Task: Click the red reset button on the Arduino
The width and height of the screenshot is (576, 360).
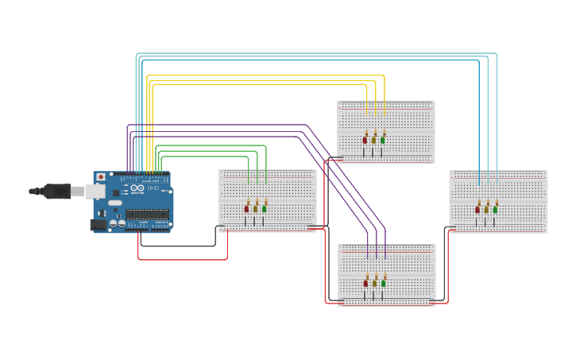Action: (x=100, y=176)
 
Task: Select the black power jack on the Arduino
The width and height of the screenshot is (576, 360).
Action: (x=99, y=225)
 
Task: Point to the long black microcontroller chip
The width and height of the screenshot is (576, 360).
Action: (x=147, y=215)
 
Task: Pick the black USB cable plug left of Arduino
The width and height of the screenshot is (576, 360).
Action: (x=56, y=191)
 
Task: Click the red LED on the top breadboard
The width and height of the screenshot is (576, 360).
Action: (x=365, y=140)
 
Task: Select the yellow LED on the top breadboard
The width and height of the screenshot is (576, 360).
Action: (x=374, y=140)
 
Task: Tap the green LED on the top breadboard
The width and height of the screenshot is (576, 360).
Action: (x=383, y=140)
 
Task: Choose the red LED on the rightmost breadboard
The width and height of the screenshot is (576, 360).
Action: (x=477, y=209)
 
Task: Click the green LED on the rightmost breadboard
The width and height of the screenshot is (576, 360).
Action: (x=495, y=209)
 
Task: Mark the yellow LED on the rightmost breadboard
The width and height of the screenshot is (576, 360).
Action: (x=486, y=209)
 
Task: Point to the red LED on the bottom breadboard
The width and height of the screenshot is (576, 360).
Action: (x=366, y=282)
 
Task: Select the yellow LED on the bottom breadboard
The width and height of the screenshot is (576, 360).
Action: (x=375, y=282)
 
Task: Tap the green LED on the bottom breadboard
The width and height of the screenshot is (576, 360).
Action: (x=384, y=282)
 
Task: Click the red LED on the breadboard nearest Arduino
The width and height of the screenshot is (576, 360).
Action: (x=246, y=208)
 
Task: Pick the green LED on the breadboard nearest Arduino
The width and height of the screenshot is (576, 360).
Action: (x=265, y=208)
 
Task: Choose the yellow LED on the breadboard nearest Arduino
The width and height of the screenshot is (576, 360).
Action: (x=256, y=208)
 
